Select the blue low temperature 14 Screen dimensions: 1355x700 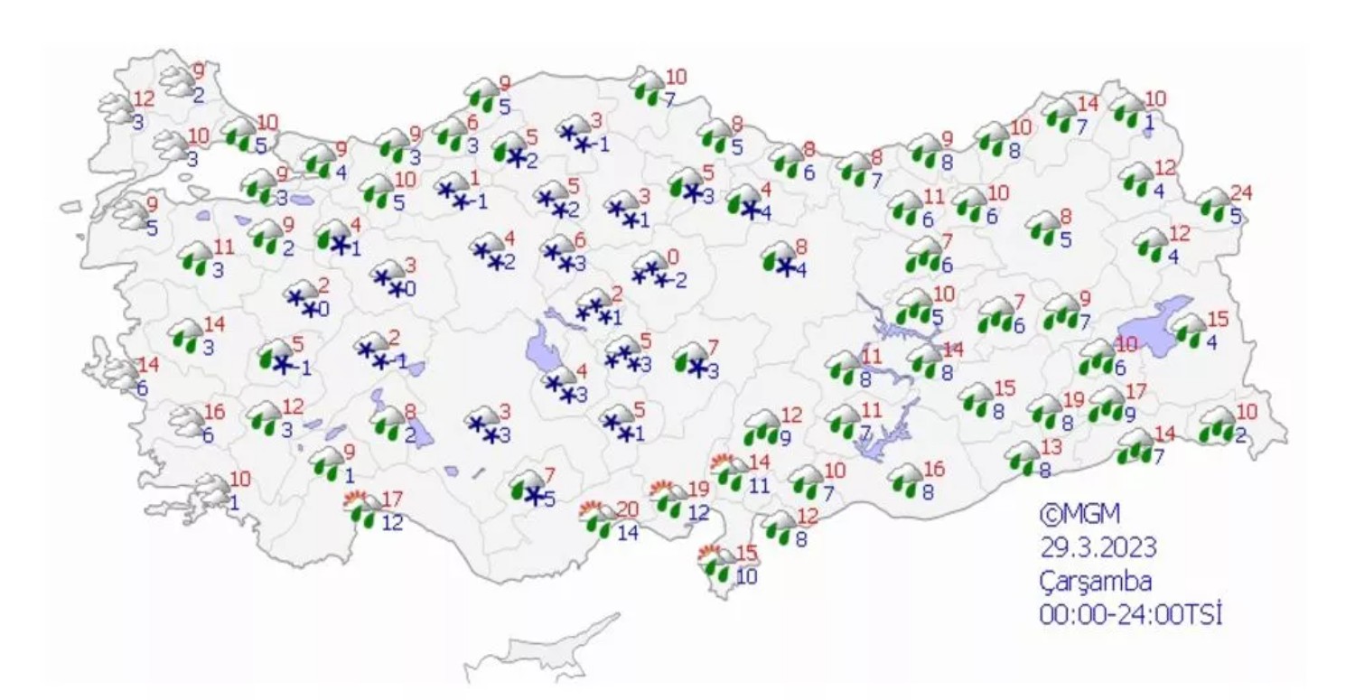[x=628, y=533]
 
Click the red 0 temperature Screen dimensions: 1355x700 [x=672, y=257]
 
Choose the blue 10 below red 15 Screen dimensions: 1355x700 [x=746, y=575]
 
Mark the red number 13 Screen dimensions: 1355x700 [x=1050, y=447]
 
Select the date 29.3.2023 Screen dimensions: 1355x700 [x=1098, y=547]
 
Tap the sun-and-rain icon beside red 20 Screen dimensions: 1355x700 [x=596, y=517]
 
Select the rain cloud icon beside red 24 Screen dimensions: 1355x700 [x=1217, y=207]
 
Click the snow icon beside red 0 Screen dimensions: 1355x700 [x=651, y=270]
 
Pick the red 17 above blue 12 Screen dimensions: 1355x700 [x=391, y=498]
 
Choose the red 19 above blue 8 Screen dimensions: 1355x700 [x=1071, y=401]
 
